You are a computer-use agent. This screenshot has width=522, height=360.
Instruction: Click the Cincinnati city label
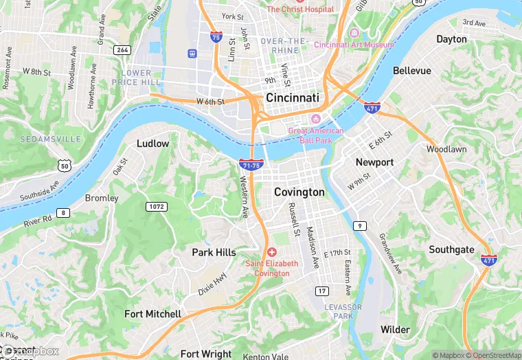click(x=293, y=98)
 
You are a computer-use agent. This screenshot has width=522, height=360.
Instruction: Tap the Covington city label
click(x=299, y=192)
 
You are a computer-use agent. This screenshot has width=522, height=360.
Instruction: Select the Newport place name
click(x=374, y=162)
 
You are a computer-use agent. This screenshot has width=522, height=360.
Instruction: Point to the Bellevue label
click(x=411, y=71)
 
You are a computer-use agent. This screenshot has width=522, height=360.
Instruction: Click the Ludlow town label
click(x=152, y=144)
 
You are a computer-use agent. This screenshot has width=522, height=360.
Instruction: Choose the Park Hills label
click(x=214, y=253)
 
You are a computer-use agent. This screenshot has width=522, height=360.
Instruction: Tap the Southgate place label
click(x=451, y=249)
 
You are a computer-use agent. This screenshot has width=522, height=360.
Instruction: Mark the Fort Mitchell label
click(x=152, y=314)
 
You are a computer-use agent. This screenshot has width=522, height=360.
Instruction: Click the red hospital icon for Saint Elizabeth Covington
click(x=272, y=253)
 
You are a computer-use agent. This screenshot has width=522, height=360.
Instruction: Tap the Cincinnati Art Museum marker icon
click(x=354, y=34)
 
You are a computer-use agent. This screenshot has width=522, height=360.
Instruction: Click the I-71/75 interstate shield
click(x=250, y=165)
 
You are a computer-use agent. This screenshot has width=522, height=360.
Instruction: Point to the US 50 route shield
click(x=65, y=166)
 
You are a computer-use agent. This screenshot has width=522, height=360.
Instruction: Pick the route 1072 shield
click(x=156, y=206)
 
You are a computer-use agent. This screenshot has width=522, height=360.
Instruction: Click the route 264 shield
click(x=123, y=49)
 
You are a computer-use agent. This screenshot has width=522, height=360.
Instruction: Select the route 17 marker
click(x=321, y=291)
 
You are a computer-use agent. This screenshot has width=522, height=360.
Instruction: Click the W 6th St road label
click(x=210, y=102)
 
